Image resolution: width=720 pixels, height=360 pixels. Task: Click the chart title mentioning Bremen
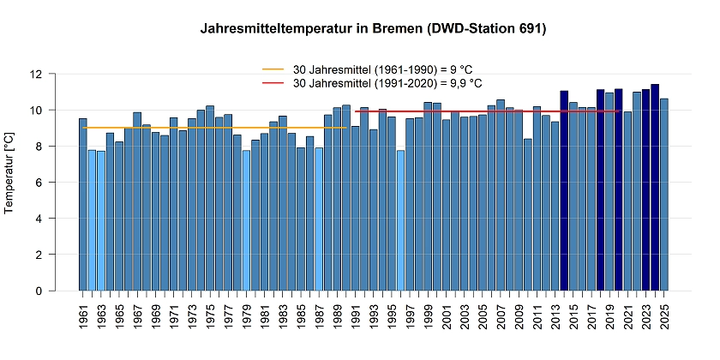373,29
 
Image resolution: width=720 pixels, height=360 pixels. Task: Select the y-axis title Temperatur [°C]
10,183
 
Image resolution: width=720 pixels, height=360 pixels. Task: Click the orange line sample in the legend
273,69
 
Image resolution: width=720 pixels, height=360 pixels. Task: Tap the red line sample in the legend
273,83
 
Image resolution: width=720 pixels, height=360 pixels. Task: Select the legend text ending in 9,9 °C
387,83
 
